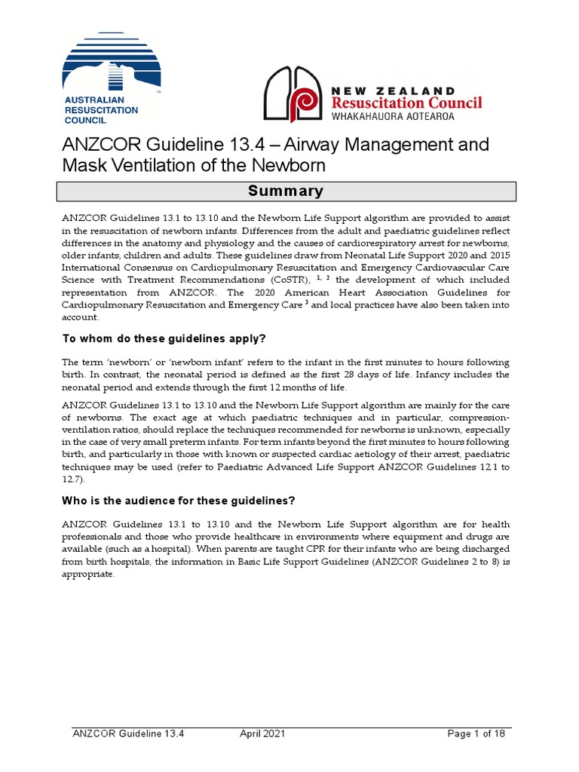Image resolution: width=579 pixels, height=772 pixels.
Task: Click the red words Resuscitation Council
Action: click(406, 103)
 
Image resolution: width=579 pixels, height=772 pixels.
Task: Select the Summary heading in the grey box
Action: click(286, 191)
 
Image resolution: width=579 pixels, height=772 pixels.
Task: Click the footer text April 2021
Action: click(262, 733)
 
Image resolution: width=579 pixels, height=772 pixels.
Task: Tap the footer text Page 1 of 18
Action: click(481, 733)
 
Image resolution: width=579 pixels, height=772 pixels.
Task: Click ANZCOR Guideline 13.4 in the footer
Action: click(128, 733)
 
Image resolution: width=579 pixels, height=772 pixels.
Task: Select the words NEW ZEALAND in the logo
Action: click(393, 91)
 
